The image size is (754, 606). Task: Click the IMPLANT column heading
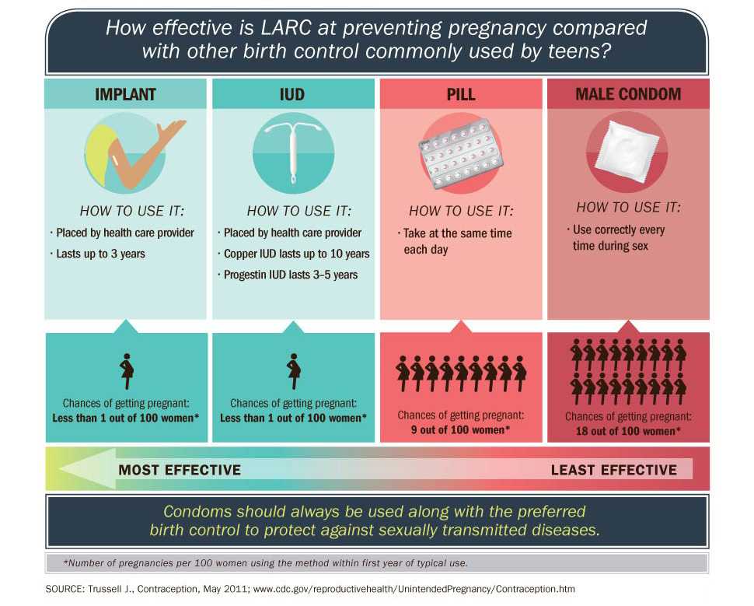pyautogui.click(x=125, y=95)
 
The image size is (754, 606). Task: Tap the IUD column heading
pyautogui.click(x=292, y=95)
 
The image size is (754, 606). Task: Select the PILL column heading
pyautogui.click(x=461, y=95)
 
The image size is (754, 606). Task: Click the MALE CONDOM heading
pyautogui.click(x=628, y=94)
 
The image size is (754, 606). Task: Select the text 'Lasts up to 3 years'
pyautogui.click(x=99, y=254)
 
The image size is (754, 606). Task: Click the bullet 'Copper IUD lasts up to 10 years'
pyautogui.click(x=295, y=254)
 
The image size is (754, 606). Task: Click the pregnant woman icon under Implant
pyautogui.click(x=127, y=371)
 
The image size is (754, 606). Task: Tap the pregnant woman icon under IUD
pyautogui.click(x=294, y=371)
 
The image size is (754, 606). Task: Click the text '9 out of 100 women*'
pyautogui.click(x=460, y=429)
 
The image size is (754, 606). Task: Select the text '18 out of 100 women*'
pyautogui.click(x=628, y=430)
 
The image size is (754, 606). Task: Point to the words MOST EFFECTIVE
pyautogui.click(x=180, y=470)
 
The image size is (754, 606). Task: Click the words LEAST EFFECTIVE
pyautogui.click(x=613, y=470)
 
